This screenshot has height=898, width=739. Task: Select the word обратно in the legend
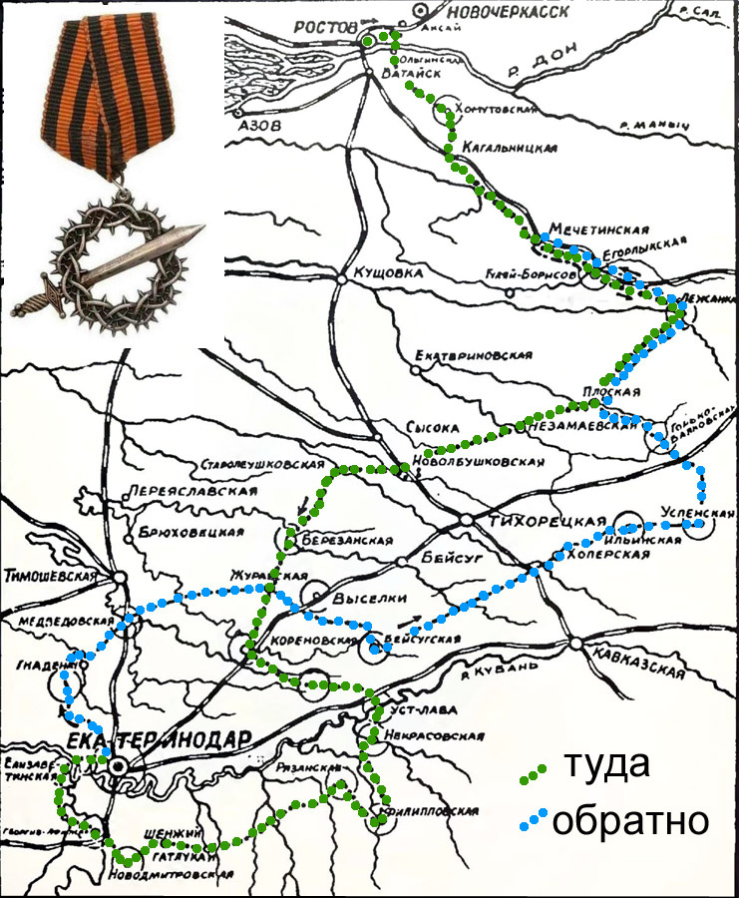(x=630, y=820)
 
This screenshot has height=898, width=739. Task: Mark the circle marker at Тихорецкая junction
(x=467, y=519)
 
